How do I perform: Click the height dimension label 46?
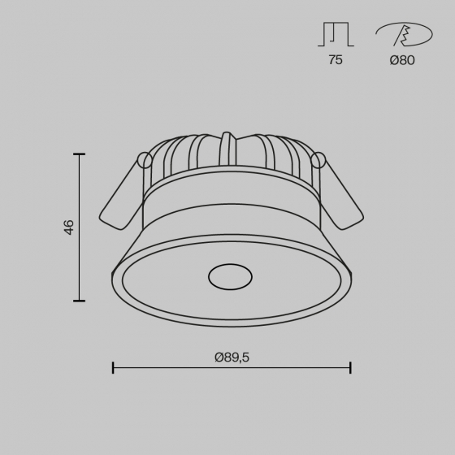[x=69, y=227]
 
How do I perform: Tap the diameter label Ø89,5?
[x=232, y=357]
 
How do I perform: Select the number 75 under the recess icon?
[x=336, y=60]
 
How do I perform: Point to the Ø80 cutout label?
[x=402, y=60]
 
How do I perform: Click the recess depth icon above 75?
[x=336, y=34]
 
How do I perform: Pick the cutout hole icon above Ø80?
[x=404, y=34]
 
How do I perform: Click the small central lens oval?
[x=230, y=276]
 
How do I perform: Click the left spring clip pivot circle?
[x=145, y=160]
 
